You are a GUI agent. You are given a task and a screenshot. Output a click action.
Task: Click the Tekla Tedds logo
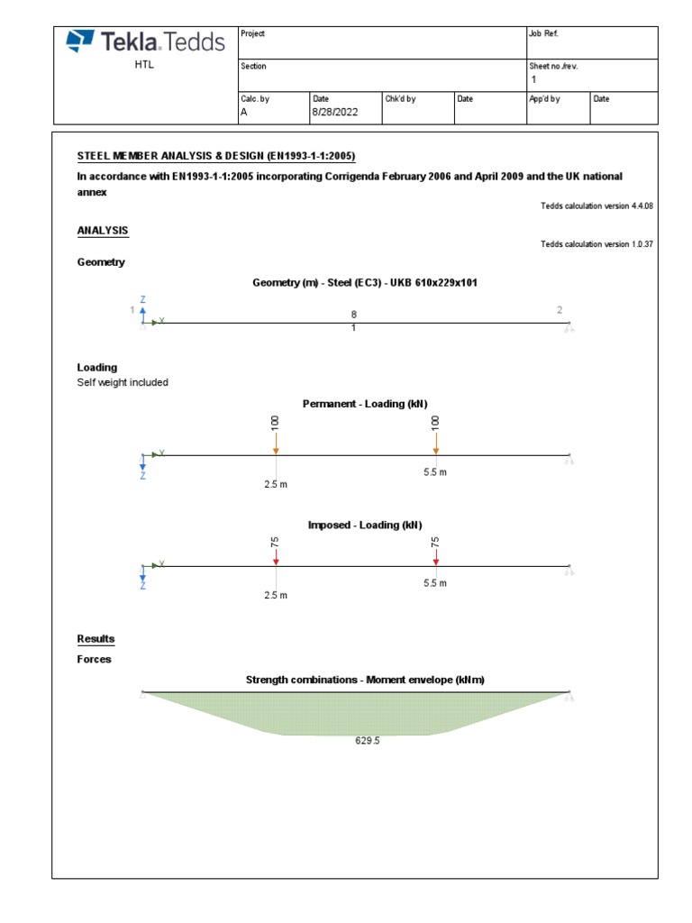point(145,41)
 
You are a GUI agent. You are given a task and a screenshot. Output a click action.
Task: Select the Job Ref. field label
point(543,33)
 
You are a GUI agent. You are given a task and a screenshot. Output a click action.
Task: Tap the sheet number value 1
point(533,79)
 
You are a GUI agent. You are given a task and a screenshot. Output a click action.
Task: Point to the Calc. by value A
point(243,113)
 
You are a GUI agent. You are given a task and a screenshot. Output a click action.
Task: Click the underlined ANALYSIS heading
point(103,231)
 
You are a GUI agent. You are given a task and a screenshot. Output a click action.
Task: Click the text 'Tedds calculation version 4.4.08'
point(596,206)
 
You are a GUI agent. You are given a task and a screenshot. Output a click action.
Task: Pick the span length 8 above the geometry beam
point(353,314)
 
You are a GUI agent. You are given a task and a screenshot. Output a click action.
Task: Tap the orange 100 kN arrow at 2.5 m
point(276,443)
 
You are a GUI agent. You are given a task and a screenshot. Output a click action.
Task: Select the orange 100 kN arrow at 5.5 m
point(436,443)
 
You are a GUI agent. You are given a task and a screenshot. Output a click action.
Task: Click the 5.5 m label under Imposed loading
point(435,583)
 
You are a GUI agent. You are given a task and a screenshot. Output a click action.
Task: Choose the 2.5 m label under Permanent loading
point(276,484)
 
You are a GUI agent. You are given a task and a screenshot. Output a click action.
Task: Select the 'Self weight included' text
point(123,382)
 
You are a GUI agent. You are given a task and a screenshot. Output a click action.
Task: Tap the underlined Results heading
point(96,639)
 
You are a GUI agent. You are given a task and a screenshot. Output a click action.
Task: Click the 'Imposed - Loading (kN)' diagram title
point(365,525)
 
